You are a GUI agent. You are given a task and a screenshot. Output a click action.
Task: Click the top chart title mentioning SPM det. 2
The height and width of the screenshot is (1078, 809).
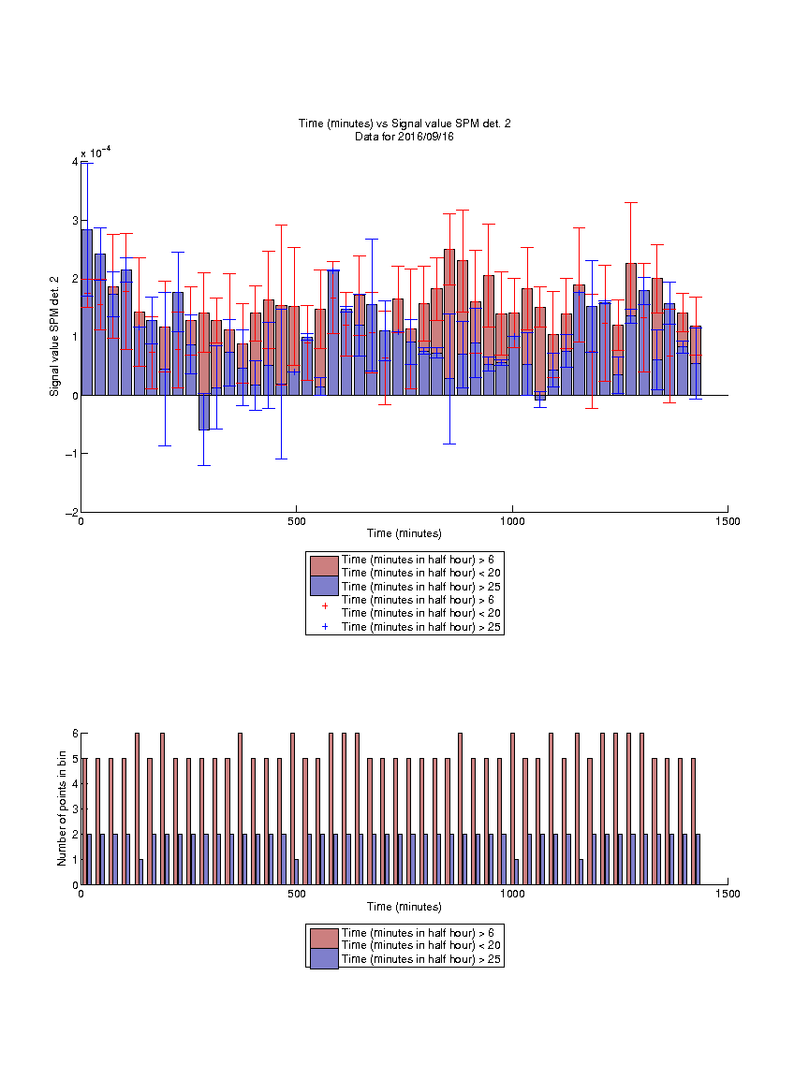pos(404,124)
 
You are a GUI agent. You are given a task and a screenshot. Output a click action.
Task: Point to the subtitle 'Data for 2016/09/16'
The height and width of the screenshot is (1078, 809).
pos(404,136)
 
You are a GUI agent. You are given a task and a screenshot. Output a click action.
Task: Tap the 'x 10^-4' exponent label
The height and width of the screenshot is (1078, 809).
pos(96,153)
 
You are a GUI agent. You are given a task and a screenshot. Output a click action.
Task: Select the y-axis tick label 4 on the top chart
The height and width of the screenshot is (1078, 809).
pos(74,162)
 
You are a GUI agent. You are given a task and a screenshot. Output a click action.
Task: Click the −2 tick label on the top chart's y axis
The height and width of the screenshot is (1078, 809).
pos(71,513)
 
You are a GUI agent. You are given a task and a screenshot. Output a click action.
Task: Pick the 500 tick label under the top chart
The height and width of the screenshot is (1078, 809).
pos(297,522)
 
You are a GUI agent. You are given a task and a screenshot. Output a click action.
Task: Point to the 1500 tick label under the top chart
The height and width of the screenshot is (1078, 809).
pos(728,522)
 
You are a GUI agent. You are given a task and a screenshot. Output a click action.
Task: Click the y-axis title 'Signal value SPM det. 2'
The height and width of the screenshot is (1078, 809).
pos(54,336)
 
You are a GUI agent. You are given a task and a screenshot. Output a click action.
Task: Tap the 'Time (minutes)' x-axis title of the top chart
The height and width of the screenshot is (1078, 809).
pos(404,533)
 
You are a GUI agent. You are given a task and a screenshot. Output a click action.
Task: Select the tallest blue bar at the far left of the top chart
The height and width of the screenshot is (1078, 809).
pos(87,313)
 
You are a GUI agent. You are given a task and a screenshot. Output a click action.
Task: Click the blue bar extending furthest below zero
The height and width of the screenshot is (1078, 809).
pos(203,413)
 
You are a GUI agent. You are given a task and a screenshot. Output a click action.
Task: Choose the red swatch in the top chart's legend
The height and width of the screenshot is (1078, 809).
pos(324,566)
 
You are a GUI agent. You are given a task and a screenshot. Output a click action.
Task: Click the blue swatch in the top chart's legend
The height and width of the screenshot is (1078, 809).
pos(324,586)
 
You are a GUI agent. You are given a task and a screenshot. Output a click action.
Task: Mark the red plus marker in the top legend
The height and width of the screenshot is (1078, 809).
pos(325,606)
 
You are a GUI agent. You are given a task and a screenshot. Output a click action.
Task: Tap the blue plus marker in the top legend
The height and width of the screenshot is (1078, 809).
pos(325,627)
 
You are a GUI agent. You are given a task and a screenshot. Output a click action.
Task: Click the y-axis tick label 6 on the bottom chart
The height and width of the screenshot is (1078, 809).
pos(75,734)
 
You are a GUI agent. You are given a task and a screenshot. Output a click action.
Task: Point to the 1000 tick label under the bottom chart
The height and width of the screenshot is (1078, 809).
pos(512,895)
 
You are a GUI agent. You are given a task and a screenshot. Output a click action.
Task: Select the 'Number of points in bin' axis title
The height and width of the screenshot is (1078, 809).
pos(62,808)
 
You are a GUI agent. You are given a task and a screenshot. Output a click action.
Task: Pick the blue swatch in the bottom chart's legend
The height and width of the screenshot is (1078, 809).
pos(324,958)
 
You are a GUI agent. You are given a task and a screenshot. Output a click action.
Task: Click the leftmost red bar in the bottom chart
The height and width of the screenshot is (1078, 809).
pos(84,822)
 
